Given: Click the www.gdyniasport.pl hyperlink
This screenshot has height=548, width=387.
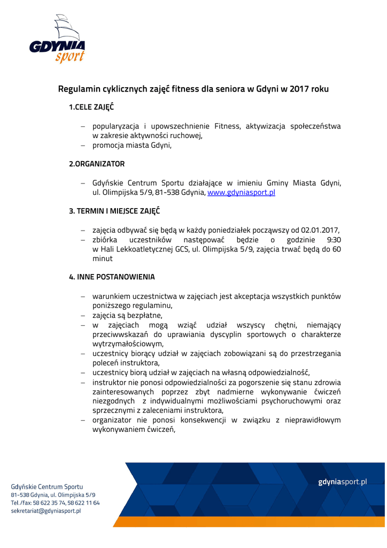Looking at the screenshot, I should [x=241, y=192].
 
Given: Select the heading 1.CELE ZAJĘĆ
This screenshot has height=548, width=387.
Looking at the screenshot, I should [x=91, y=107].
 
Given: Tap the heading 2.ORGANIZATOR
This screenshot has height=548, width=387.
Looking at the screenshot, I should [x=97, y=164].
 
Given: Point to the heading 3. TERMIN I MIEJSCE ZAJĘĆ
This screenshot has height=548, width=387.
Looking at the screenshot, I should [x=114, y=211].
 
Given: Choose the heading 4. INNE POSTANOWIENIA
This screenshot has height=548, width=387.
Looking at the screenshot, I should [x=112, y=277].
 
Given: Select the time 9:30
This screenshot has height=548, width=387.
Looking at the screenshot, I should [x=334, y=240].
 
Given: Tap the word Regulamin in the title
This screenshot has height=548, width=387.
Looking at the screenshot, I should [x=81, y=89].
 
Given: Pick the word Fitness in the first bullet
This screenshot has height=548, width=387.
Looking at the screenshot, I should [x=227, y=126].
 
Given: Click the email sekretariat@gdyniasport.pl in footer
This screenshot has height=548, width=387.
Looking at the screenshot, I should [x=46, y=511].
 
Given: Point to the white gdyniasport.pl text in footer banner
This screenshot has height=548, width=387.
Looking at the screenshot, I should [x=343, y=482].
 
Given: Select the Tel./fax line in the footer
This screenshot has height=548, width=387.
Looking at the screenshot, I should [x=56, y=503].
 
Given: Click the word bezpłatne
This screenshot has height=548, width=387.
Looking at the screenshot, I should [x=145, y=316].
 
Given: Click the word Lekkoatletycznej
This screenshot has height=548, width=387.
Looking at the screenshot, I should [x=143, y=249].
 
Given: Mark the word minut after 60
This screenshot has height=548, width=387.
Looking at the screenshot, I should [x=103, y=259].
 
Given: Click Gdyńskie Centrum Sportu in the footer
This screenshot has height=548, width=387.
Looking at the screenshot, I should [x=47, y=487].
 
